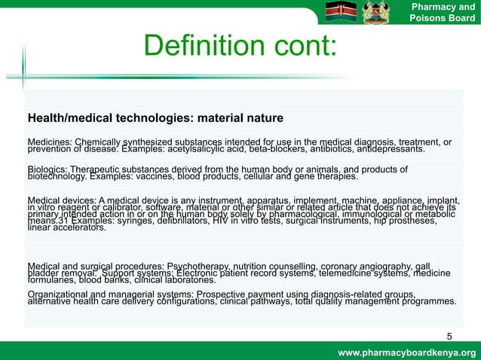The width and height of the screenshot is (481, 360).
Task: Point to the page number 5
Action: (x=449, y=336)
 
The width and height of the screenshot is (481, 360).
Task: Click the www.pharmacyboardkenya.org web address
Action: (x=408, y=352)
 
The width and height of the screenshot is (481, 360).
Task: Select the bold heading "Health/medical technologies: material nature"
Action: (x=155, y=119)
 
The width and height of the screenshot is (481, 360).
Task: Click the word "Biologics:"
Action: (x=48, y=169)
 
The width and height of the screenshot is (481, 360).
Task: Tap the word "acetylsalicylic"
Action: (x=225, y=149)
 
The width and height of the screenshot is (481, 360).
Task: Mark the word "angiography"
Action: (x=388, y=266)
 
